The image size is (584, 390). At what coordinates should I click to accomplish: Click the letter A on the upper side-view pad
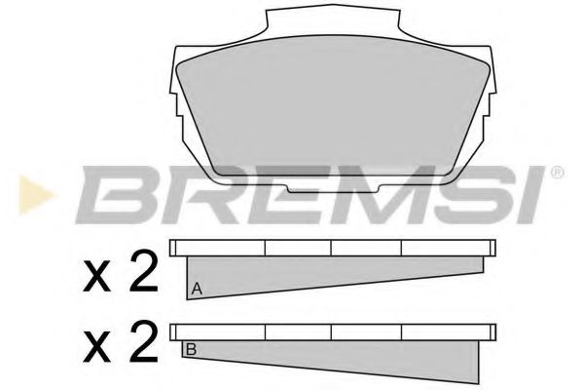(198, 289)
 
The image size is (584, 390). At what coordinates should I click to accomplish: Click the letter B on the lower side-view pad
(191, 348)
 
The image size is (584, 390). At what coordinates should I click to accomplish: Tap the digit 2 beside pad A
(142, 276)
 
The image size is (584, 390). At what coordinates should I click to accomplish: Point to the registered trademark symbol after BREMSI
(557, 174)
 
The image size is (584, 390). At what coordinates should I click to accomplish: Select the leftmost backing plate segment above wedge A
(218, 249)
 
